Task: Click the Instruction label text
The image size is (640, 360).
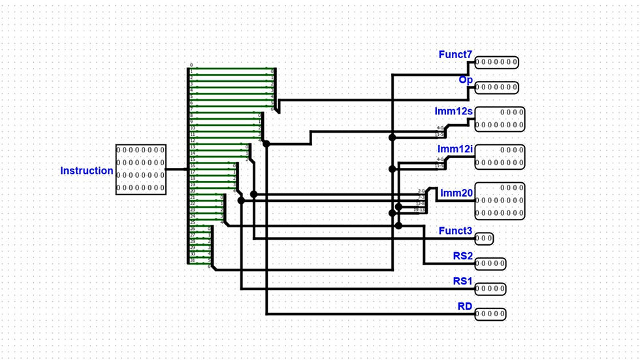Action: [87, 171]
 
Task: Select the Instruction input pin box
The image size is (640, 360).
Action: [140, 169]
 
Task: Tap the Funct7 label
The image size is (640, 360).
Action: [455, 55]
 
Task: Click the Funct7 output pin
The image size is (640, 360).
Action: [496, 63]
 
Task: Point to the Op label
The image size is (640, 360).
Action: [465, 80]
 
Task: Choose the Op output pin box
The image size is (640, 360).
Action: [496, 88]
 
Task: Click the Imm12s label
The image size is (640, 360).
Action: [453, 111]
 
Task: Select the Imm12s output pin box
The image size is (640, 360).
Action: [500, 119]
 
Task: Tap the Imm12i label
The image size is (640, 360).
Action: [455, 149]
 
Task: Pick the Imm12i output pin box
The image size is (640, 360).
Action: [500, 156]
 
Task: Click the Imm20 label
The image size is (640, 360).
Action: [456, 193]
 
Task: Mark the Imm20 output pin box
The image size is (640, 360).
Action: [500, 201]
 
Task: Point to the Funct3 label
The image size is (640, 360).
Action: [455, 231]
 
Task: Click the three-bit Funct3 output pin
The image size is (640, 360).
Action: [484, 238]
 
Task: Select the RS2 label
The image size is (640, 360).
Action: [462, 255]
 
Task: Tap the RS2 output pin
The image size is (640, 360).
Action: [490, 263]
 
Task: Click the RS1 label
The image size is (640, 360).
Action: [462, 281]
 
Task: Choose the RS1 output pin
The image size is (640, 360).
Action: [490, 289]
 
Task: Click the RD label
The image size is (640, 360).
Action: [464, 306]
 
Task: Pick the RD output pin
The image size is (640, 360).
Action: [490, 314]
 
